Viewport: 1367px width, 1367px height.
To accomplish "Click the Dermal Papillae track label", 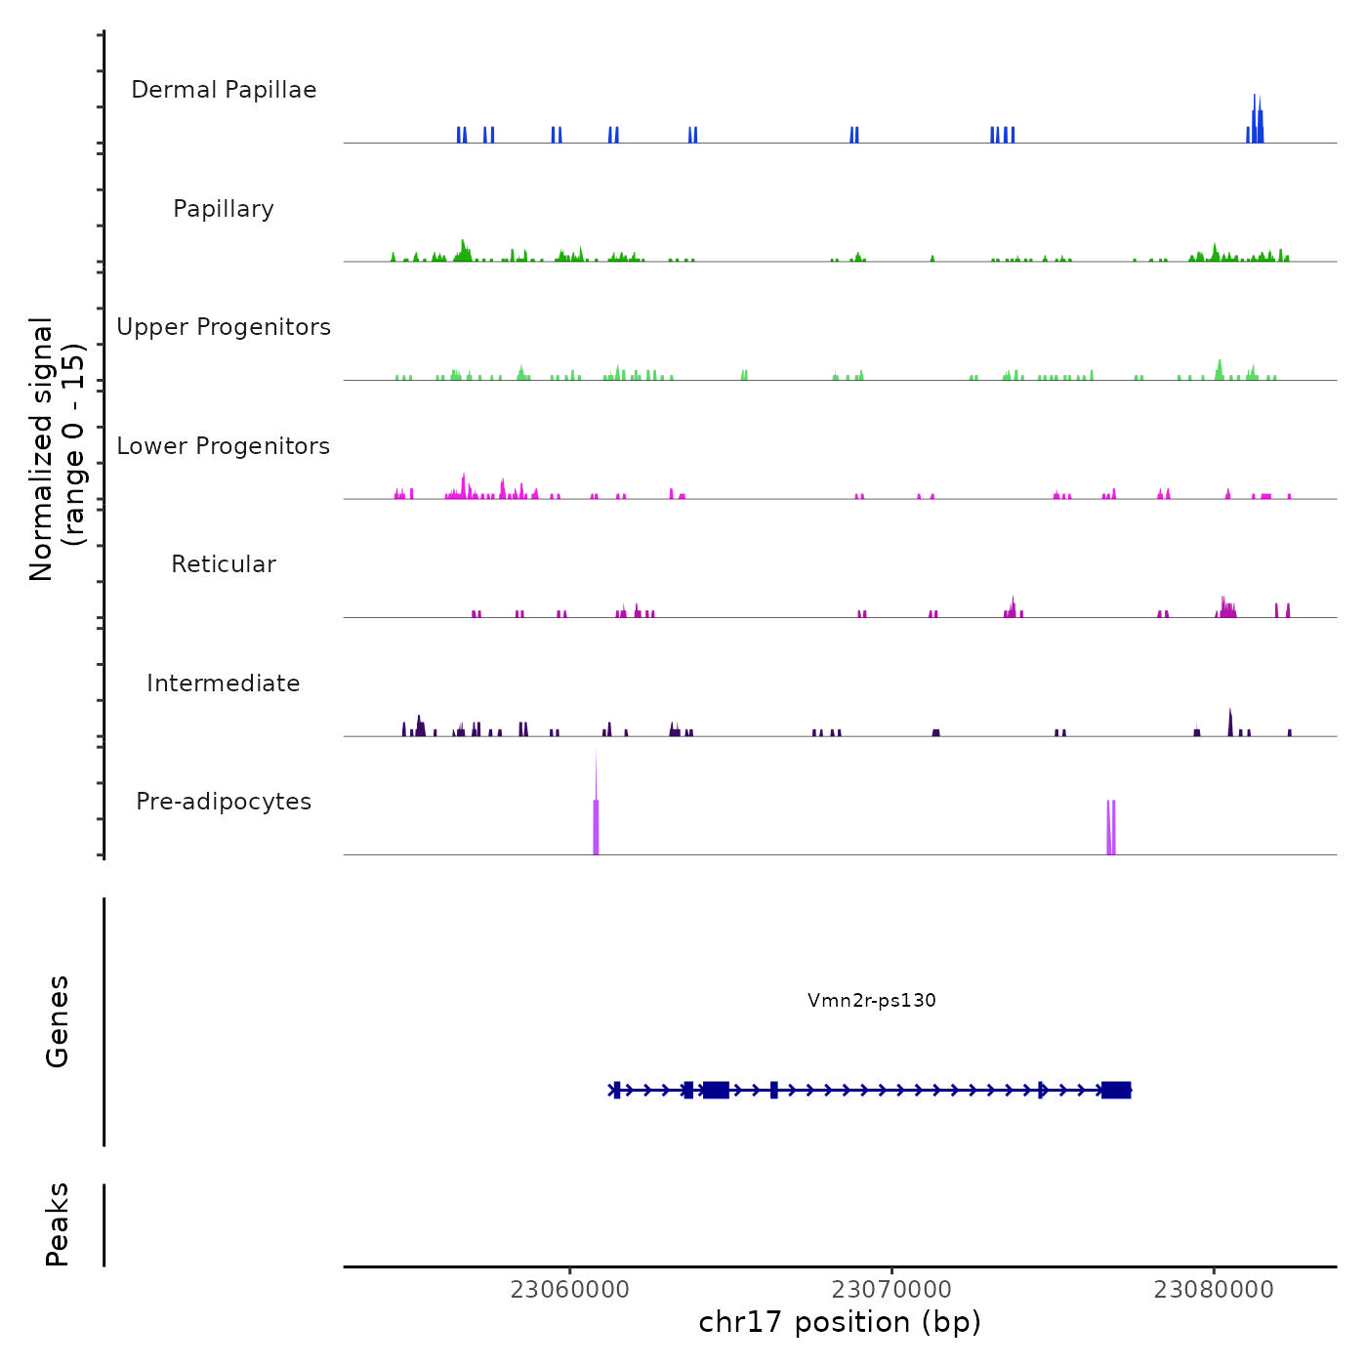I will point(224,90).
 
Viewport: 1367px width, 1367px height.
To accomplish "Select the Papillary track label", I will point(224,209).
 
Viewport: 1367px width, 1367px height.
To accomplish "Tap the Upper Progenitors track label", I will point(224,327).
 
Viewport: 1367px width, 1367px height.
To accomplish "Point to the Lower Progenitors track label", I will point(224,446).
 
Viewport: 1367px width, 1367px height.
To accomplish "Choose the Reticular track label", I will point(224,564).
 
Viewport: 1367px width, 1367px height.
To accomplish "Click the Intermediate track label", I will point(224,683).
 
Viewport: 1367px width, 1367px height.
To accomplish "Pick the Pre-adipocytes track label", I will point(224,802).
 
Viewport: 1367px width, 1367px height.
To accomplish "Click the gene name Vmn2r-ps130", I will point(871,1000).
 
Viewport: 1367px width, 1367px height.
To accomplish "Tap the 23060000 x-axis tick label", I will point(569,1290).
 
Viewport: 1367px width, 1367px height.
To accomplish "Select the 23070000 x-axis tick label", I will point(891,1290).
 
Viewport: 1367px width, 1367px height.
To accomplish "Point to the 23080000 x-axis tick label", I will point(1214,1290).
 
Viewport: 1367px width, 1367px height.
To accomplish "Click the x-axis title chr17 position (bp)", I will point(840,1322).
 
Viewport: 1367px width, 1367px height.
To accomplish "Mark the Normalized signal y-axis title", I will point(57,449).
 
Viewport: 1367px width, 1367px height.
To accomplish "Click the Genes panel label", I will point(57,1021).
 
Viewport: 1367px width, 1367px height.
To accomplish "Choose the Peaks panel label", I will point(57,1224).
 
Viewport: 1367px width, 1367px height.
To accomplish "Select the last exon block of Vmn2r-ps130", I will point(1116,1090).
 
